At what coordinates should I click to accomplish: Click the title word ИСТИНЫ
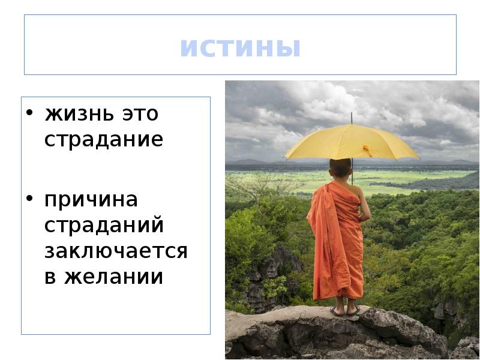click(x=240, y=49)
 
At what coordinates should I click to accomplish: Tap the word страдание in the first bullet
click(x=103, y=140)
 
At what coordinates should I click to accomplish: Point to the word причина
click(x=91, y=199)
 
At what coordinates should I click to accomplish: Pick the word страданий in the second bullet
click(x=104, y=226)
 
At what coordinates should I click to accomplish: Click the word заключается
click(x=116, y=251)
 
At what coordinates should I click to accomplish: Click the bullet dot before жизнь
click(x=28, y=114)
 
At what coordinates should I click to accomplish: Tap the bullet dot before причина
click(x=28, y=200)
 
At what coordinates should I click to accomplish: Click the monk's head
click(x=340, y=168)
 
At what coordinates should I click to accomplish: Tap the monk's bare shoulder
click(x=359, y=191)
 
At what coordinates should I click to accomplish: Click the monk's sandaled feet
click(x=345, y=310)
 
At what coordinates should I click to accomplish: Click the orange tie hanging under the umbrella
click(x=367, y=150)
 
